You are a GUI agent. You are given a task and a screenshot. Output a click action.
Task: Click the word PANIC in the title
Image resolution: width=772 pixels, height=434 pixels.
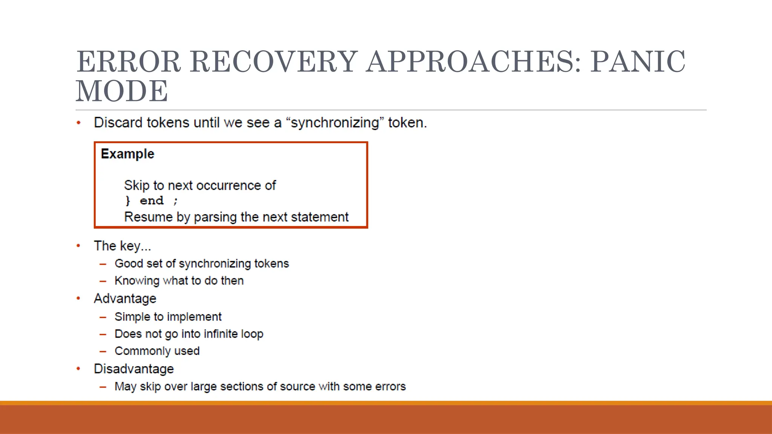point(638,62)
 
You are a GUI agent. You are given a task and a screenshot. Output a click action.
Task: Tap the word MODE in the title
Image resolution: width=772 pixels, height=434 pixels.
point(122,91)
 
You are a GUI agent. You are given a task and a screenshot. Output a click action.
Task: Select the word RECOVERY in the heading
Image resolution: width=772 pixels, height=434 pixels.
point(274,62)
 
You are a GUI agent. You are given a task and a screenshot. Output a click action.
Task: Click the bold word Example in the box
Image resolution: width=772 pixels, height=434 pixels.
point(127,154)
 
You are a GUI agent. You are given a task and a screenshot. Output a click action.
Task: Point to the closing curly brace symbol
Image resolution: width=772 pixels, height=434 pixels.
point(128,201)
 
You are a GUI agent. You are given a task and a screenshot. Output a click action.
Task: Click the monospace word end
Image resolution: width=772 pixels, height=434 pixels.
point(152,201)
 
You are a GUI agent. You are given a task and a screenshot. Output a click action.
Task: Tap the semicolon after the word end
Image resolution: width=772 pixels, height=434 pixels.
point(175,201)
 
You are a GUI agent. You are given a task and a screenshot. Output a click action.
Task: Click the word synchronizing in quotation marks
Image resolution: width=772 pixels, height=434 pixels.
point(335,123)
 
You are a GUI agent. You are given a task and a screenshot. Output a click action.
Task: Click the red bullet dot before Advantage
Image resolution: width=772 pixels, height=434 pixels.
point(78,298)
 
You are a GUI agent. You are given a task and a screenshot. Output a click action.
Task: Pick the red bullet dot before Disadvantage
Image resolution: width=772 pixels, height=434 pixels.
point(78,369)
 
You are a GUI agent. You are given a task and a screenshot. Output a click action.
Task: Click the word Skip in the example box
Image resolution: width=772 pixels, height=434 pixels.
point(137,185)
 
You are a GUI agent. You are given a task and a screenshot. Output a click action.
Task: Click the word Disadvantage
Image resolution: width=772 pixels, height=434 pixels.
point(134,369)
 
